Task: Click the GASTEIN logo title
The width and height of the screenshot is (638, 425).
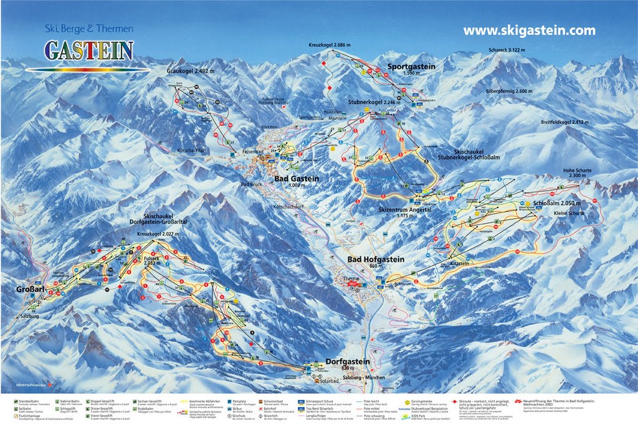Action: coord(88,49)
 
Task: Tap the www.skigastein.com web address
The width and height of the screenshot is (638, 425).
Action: coord(529,30)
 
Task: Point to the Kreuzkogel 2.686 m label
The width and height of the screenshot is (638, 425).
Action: coord(329,45)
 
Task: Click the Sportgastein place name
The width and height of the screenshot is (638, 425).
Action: coord(411,66)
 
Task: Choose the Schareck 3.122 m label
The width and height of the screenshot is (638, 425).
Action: coord(506,50)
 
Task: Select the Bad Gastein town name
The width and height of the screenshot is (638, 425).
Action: coord(297,179)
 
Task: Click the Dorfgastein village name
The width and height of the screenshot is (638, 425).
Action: coord(347,361)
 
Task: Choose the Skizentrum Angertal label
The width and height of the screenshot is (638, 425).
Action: coord(405,211)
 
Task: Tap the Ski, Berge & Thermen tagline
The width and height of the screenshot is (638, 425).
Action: coord(88,27)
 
